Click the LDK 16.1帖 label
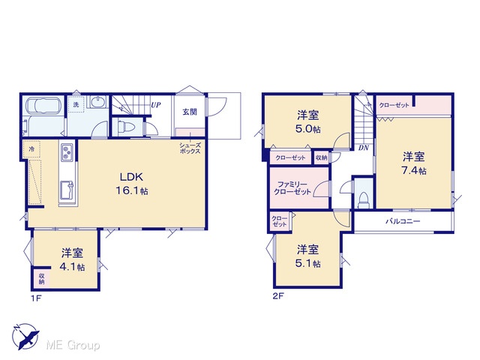pos(132,184)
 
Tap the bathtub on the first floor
pos(43,106)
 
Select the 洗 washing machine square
pos(76,104)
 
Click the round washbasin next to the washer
pos(97,101)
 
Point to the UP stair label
pos(156,105)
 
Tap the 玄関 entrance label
pos(190,112)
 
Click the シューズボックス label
pos(190,148)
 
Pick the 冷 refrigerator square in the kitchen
pos(31,149)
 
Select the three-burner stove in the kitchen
pos(67,152)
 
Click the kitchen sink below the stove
pos(67,190)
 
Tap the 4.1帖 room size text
pos(72,267)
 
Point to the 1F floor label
pos(36,298)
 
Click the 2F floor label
pos(278,296)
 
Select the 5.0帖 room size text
pos(308,129)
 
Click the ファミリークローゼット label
pos(292,188)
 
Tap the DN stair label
pos(364,148)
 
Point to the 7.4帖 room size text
pos(414,170)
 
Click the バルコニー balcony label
pos(403,221)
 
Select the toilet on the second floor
pos(364,199)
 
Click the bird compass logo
pos(25,337)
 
